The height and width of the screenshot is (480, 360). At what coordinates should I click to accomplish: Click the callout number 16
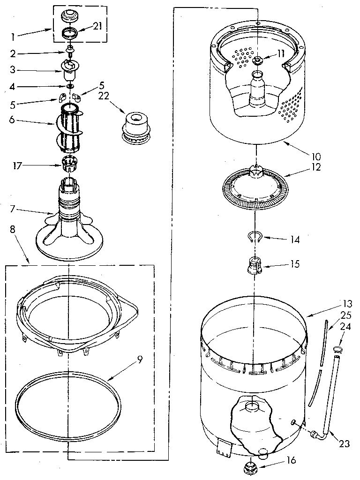pyautogui.click(x=291, y=461)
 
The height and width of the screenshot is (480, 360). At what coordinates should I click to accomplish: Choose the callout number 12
pyautogui.click(x=316, y=166)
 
